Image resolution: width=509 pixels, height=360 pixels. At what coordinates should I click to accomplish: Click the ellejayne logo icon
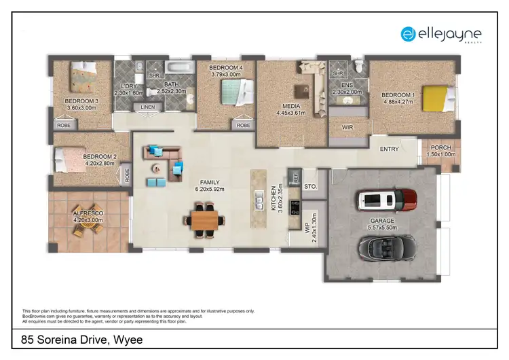408,33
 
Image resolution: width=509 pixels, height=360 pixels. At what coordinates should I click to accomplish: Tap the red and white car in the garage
385,200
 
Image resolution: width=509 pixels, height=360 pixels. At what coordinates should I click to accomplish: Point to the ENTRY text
389,149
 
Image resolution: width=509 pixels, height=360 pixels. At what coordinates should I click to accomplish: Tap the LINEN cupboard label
148,107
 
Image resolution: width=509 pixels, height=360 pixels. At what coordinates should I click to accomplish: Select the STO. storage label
311,185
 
